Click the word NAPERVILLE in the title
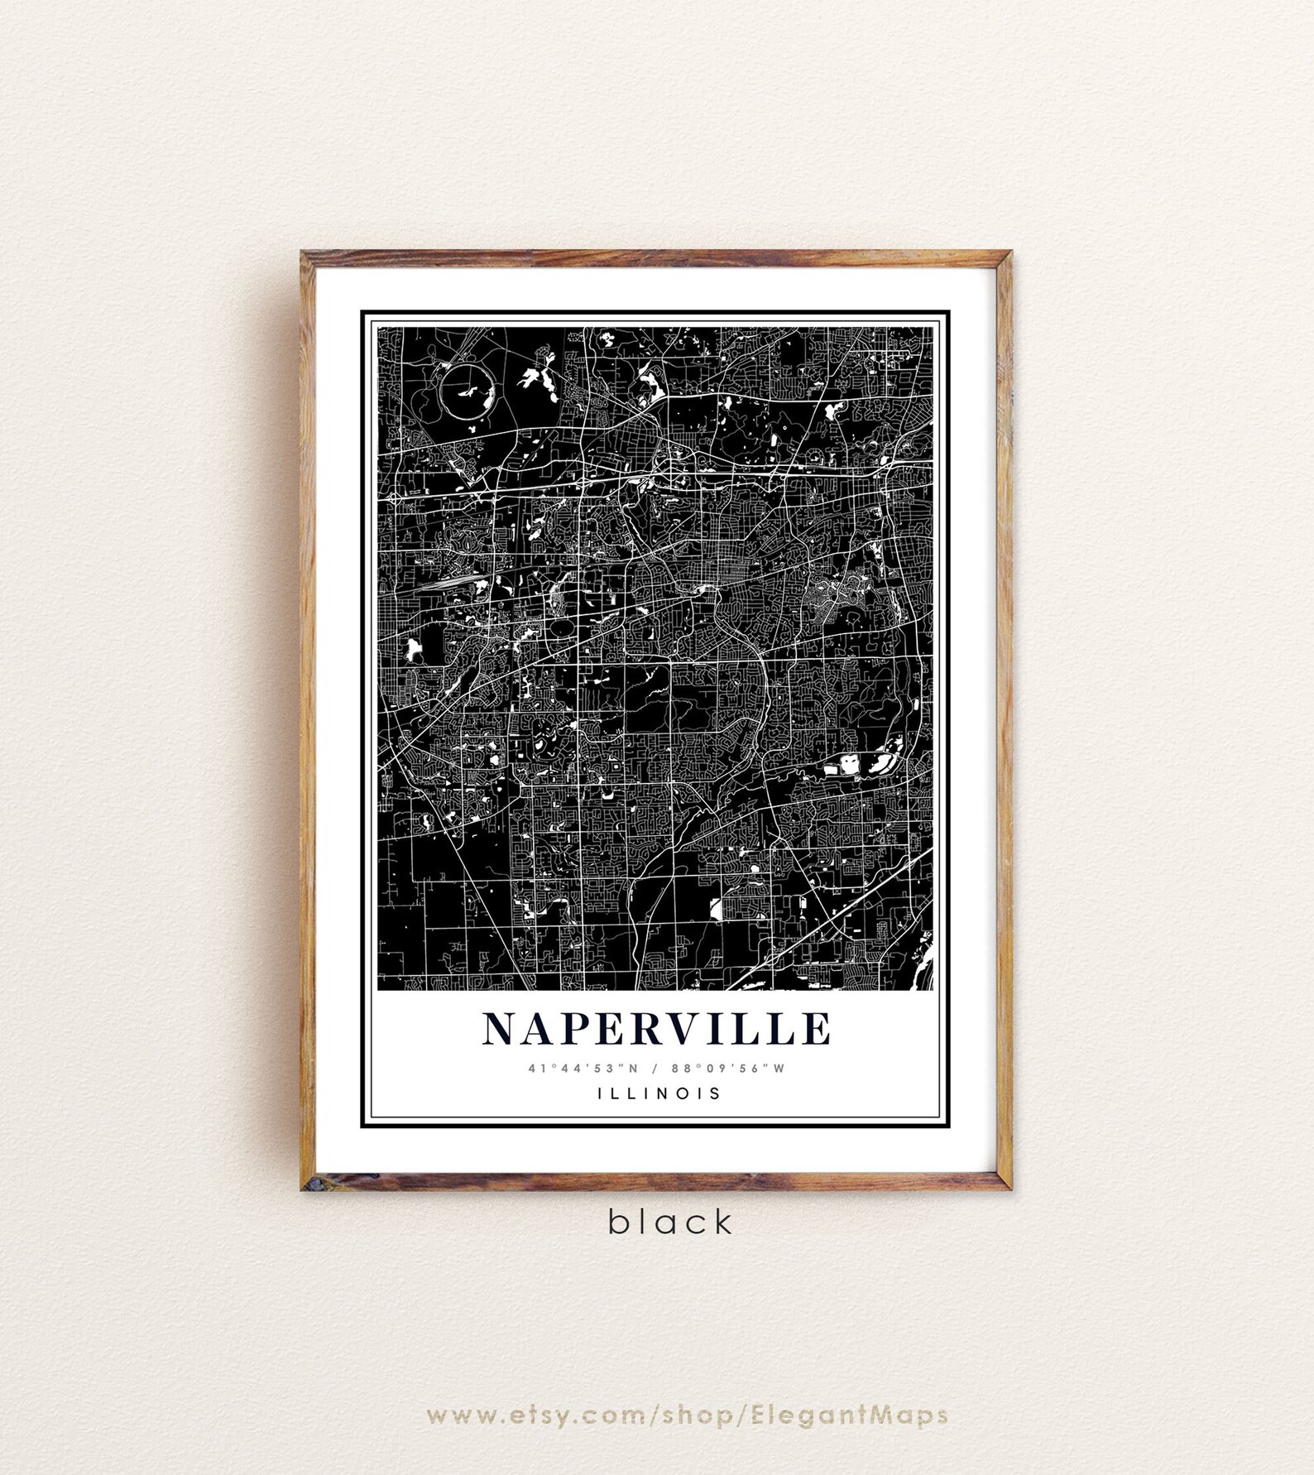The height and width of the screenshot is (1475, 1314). (656, 1029)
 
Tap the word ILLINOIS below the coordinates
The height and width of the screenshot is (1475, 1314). (659, 1093)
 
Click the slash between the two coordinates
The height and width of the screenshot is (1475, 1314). (654, 1068)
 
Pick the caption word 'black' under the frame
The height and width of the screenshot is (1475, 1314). (670, 1222)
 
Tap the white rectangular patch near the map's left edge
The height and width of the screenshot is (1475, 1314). (411, 649)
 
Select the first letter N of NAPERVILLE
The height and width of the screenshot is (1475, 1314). (499, 1029)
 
